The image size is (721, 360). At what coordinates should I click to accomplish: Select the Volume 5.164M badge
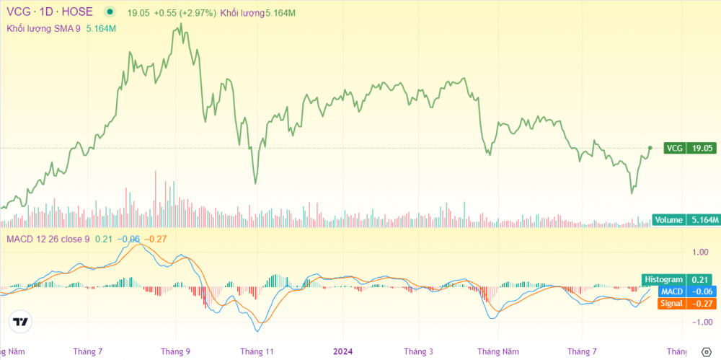coord(686,219)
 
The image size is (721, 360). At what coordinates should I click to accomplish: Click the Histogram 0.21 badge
coord(676,279)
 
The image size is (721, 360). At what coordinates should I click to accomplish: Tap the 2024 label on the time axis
coord(342,351)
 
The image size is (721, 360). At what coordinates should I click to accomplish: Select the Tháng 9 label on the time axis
coord(175,351)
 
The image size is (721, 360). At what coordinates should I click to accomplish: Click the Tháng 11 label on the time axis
coord(257,351)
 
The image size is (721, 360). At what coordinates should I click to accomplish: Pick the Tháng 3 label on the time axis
coord(418,351)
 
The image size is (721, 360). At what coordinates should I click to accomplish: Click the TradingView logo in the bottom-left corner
coord(21,322)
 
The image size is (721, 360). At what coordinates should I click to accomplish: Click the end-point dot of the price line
coord(650,148)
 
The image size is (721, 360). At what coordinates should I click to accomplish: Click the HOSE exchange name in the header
coord(79,12)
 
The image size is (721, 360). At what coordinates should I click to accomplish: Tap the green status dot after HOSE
coord(109,12)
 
